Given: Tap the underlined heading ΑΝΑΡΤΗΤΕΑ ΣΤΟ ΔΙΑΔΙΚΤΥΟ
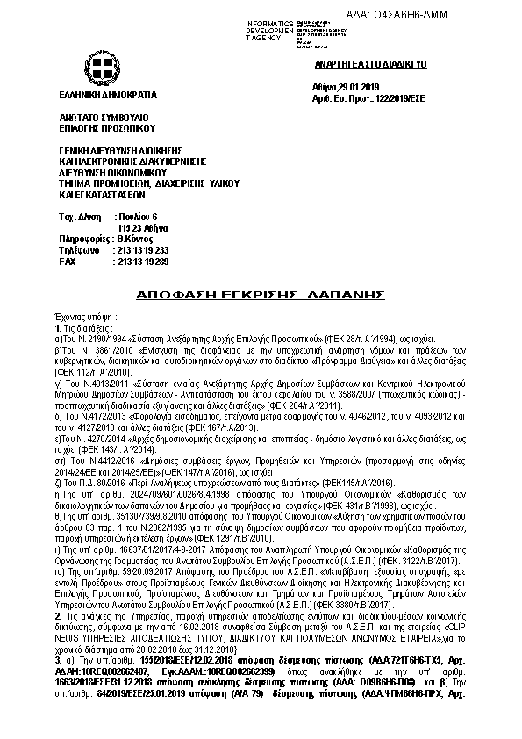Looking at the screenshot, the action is pos(359,65).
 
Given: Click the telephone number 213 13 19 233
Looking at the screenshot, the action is pos(141,250).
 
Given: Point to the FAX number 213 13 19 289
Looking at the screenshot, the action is pos(141,262).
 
